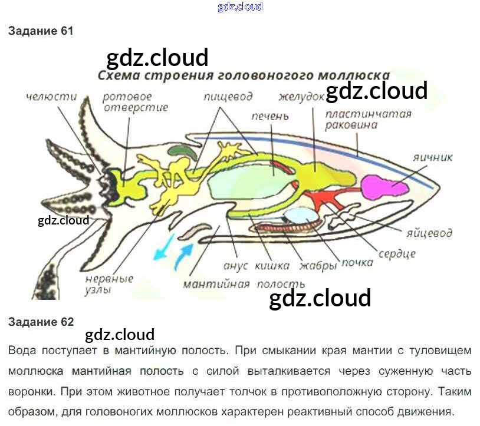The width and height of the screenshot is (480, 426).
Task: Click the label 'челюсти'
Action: pos(51,96)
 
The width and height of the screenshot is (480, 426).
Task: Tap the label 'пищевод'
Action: pos(228,97)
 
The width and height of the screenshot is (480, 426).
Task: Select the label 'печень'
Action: pos(269,117)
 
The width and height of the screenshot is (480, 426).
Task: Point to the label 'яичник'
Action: pos(432,157)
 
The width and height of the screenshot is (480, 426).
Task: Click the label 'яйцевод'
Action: pos(429,232)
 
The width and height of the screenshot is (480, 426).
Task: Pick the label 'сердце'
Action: pos(397,253)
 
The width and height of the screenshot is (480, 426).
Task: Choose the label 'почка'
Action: pos(357,263)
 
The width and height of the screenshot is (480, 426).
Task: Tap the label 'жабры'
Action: pos(318,265)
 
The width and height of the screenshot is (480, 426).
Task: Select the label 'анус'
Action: pos(236,265)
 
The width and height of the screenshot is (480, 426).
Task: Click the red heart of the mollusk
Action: pos(323,200)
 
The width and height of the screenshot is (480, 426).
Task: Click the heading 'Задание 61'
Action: pos(41,31)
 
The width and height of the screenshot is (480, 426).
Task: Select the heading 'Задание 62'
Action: pos(41,322)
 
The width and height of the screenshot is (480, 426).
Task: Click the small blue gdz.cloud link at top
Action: pos(239,7)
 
